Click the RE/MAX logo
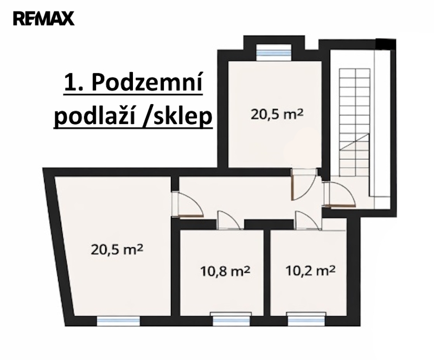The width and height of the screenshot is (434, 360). pyautogui.click(x=44, y=18)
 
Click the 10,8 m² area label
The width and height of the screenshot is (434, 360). pyautogui.click(x=225, y=271)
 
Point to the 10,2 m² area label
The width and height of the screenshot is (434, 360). pyautogui.click(x=310, y=271)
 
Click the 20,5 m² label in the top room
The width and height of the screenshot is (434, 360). pyautogui.click(x=277, y=114)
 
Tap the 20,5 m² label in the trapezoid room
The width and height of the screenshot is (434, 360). pyautogui.click(x=117, y=249)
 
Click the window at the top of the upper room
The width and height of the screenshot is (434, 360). pyautogui.click(x=274, y=52)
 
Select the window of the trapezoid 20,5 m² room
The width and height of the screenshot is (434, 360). pyautogui.click(x=118, y=321)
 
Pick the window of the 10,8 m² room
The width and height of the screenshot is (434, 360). pyautogui.click(x=231, y=319)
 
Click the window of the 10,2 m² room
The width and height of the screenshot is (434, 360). pyautogui.click(x=306, y=319)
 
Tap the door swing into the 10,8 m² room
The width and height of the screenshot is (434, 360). pyautogui.click(x=228, y=220)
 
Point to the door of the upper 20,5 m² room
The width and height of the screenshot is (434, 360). pyautogui.click(x=304, y=184)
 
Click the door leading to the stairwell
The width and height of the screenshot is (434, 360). pyautogui.click(x=339, y=195)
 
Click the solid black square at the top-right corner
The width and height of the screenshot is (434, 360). pyautogui.click(x=386, y=44)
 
